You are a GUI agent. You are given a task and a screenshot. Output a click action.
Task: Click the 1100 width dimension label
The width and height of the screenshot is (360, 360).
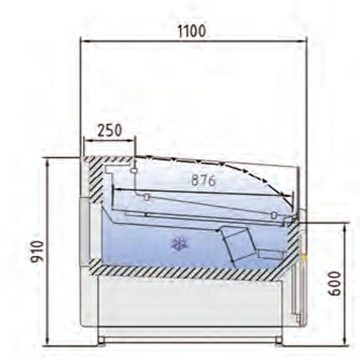[192, 31]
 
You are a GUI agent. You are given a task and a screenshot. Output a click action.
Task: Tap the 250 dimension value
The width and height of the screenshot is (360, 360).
[109, 130]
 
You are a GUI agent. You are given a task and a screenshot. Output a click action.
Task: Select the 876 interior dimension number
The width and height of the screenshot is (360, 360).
[203, 180]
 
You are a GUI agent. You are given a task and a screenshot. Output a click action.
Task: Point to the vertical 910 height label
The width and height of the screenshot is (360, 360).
[37, 251]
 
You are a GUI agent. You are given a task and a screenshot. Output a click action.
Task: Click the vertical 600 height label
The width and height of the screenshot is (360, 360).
[334, 284]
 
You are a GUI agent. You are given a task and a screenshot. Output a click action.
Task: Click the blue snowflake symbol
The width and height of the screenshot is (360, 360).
[179, 244]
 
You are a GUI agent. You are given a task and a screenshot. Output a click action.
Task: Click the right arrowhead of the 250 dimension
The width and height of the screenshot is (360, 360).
[131, 140]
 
